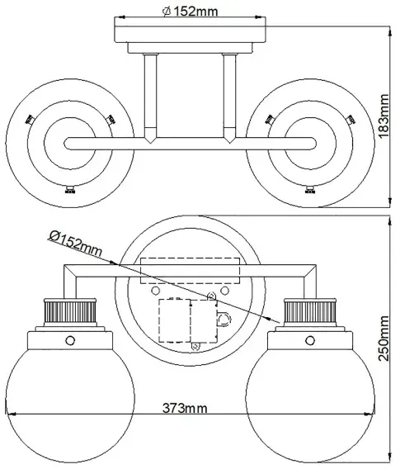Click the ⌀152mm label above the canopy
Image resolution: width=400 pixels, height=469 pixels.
click(x=190, y=12)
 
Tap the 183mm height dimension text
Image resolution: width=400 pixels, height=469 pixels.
click(x=384, y=116)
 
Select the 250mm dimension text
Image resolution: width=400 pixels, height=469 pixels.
click(x=384, y=339)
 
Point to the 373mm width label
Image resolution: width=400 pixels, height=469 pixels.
click(x=185, y=408)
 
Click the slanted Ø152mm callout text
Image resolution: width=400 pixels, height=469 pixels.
click(x=75, y=243)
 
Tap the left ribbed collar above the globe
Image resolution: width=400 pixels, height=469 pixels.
click(x=70, y=312)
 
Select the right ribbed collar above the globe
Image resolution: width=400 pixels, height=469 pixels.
click(x=310, y=312)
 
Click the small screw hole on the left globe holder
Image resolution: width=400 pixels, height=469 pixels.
click(x=70, y=340)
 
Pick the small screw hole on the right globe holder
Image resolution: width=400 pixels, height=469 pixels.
click(x=310, y=340)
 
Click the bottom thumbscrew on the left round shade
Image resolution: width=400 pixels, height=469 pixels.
click(x=69, y=190)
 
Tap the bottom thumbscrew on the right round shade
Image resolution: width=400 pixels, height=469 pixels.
click(x=310, y=190)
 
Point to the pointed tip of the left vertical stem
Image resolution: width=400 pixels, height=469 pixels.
click(x=150, y=144)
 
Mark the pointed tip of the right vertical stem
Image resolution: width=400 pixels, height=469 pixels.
click(x=229, y=144)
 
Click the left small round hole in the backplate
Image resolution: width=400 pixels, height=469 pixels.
click(x=156, y=290)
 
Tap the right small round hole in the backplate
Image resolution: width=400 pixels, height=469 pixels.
click(x=224, y=290)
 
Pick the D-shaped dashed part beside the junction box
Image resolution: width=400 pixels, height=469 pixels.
click(x=224, y=320)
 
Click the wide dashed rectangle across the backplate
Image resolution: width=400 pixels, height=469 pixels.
click(x=190, y=271)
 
